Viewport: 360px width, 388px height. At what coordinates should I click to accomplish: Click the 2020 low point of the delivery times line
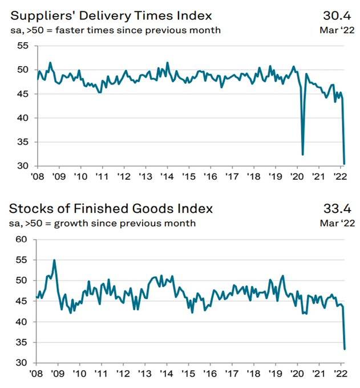coord(302,155)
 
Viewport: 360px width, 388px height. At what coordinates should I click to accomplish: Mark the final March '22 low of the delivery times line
coord(344,164)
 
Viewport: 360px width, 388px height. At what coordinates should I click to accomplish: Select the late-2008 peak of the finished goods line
coord(54,260)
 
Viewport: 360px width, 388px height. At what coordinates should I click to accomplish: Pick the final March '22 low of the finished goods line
coord(345,349)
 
